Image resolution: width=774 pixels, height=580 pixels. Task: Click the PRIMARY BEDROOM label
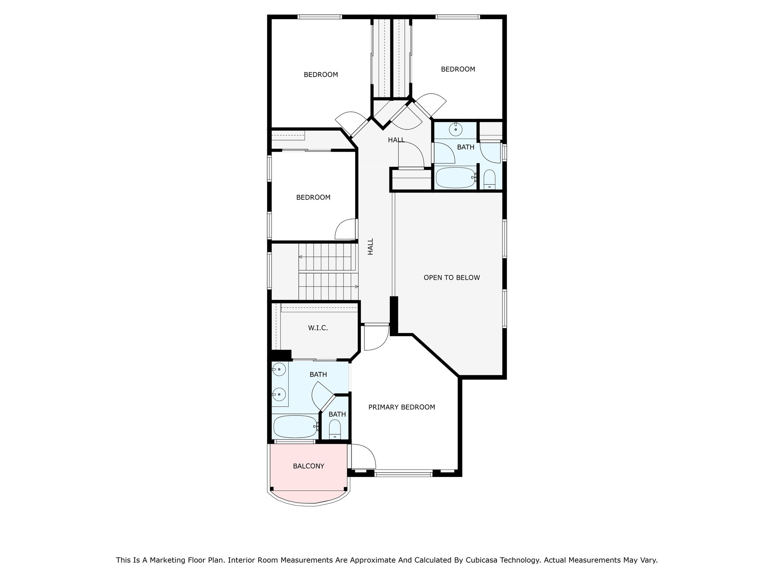(402, 407)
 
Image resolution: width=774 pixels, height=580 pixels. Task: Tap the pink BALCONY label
(308, 466)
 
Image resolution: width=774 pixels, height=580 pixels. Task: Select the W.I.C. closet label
(318, 328)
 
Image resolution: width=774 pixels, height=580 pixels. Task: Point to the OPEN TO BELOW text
(452, 278)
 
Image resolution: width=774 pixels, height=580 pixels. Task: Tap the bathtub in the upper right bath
(455, 177)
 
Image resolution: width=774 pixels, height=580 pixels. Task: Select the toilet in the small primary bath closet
(335, 429)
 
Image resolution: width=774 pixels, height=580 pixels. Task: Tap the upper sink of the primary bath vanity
(279, 369)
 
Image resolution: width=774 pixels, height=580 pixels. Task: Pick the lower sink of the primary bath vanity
(279, 395)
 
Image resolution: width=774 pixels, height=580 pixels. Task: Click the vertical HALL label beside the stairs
(370, 246)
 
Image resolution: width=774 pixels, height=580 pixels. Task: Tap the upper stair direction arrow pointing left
(301, 257)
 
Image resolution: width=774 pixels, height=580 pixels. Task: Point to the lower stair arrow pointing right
(356, 287)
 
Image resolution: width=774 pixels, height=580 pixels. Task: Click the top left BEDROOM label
(321, 75)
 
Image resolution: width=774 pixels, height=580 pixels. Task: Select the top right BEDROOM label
(458, 69)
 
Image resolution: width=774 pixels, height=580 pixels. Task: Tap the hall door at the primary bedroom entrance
(376, 337)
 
